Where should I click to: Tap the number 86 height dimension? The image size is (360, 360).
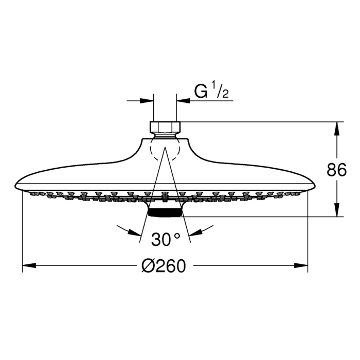(337, 169)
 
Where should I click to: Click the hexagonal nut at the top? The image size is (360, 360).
(165, 128)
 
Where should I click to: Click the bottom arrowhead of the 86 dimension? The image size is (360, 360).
(337, 211)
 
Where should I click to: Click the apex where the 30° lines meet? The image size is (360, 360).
(165, 148)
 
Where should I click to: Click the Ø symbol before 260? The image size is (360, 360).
(148, 266)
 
